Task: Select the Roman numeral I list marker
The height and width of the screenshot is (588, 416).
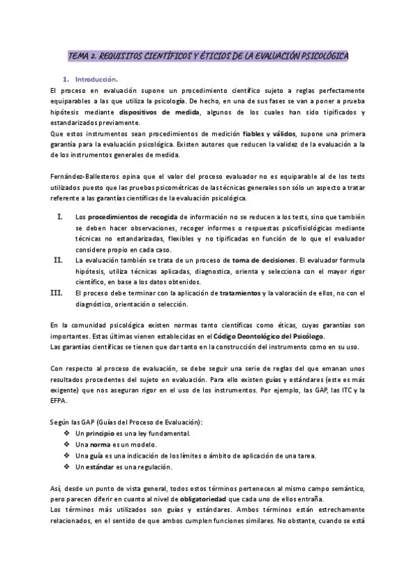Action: point(60,216)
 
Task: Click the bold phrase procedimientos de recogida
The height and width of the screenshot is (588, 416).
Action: point(128,217)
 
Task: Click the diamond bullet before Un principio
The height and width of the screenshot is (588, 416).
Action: point(67,433)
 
